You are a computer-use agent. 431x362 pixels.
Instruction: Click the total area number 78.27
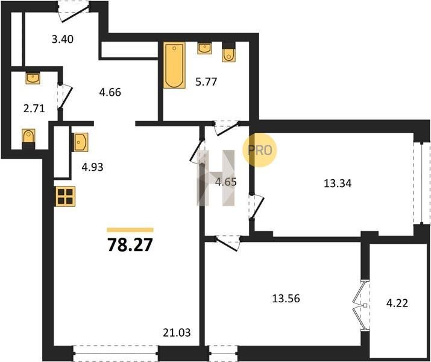point(130,244)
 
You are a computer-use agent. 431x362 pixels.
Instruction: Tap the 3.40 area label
point(63,39)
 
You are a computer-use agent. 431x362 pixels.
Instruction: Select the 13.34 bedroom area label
point(338,183)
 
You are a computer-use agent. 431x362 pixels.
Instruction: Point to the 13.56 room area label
point(286,299)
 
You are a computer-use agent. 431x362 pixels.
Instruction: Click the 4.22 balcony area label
point(397,303)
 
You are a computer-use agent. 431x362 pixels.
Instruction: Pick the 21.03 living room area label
point(177,333)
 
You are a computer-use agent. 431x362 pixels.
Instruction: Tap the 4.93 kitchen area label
point(92,167)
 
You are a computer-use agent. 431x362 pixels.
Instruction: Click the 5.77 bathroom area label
point(206,81)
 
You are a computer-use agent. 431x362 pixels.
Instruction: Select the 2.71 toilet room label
point(34,109)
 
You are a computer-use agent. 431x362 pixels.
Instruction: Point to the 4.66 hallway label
point(110,92)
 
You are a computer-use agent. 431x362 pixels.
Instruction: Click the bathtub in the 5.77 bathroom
point(174,65)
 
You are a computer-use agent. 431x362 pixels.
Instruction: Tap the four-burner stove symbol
point(66,197)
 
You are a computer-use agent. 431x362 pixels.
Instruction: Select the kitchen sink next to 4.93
point(80,142)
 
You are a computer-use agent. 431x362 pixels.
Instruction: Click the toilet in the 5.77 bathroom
point(228,55)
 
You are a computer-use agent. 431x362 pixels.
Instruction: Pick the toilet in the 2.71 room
point(28,136)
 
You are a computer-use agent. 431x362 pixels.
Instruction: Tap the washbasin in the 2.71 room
point(33,78)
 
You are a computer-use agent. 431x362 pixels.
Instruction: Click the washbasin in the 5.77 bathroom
point(204,48)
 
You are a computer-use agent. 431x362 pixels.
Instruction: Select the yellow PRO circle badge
point(259,150)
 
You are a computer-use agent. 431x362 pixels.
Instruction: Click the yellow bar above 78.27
point(130,230)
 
